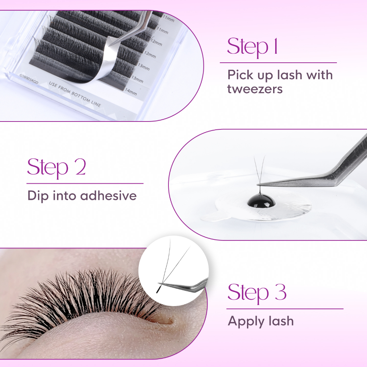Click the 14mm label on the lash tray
[130, 91]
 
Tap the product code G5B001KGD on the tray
[29, 79]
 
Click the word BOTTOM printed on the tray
[81, 97]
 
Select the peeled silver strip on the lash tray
[103, 62]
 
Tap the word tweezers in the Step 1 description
[255, 89]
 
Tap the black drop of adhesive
[260, 201]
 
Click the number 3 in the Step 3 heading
[281, 292]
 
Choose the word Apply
[246, 321]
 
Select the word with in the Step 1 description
[319, 75]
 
